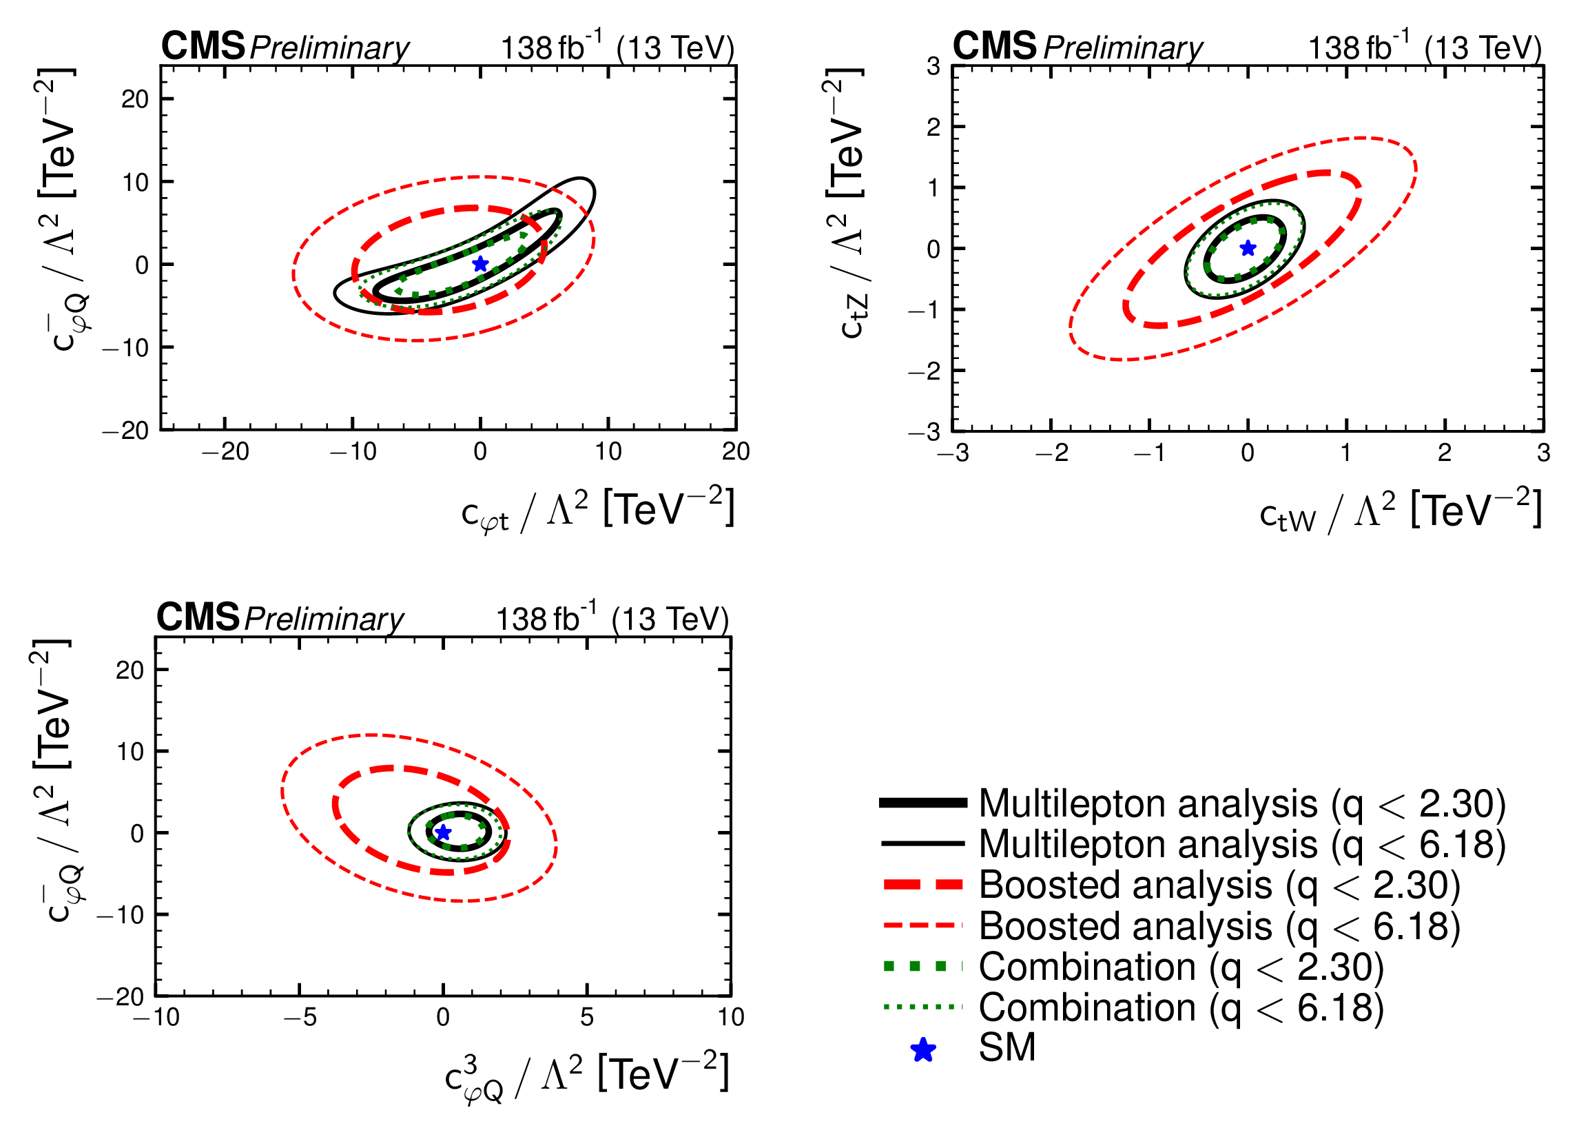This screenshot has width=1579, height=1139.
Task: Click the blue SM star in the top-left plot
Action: point(480,264)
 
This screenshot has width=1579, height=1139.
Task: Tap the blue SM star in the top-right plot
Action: point(1248,248)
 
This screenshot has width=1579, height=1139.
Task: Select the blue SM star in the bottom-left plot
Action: point(443,832)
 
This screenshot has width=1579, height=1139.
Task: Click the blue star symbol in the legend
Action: point(923,1050)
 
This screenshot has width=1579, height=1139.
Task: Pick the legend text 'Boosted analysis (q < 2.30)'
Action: point(1219,885)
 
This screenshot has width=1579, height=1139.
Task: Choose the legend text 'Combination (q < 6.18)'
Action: point(1181,1007)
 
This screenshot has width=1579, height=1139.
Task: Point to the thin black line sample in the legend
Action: point(923,844)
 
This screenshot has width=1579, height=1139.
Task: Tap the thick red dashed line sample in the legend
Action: point(923,885)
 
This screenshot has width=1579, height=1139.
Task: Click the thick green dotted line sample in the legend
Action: point(923,966)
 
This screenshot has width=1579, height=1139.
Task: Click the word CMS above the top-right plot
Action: point(994,46)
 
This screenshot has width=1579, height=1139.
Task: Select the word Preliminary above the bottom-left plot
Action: point(324,619)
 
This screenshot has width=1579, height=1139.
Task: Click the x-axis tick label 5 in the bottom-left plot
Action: point(587,1018)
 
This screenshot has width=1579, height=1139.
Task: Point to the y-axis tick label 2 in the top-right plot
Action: point(933,127)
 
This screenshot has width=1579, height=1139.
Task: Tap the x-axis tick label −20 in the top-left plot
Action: point(225,452)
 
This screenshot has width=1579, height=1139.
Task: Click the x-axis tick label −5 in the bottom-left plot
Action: point(300,1018)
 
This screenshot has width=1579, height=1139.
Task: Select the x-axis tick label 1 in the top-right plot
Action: point(1345,453)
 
